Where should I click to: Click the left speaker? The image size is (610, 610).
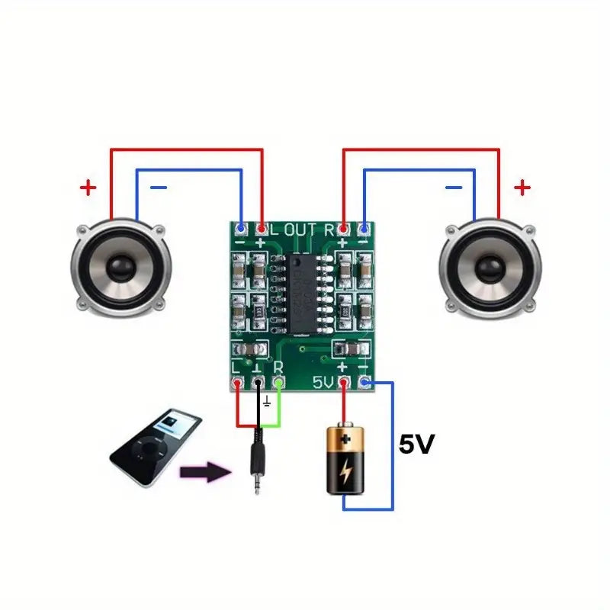[x=120, y=268]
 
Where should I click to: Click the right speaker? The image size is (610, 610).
[x=490, y=268]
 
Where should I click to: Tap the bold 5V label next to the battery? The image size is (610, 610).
[x=416, y=445]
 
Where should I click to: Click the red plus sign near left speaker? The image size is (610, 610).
[x=89, y=187]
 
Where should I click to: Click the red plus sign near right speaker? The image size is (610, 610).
[x=522, y=187]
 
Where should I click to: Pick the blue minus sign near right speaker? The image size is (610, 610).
[x=453, y=187]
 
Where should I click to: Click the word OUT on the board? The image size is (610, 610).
[x=301, y=229]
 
